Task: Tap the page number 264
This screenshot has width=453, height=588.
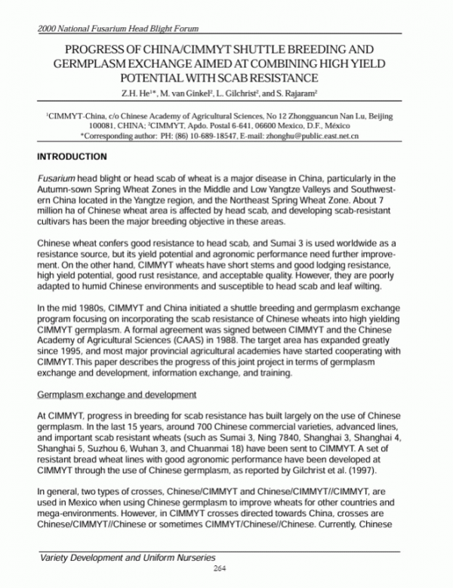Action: click(220, 568)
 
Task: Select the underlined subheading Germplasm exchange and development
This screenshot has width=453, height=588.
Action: click(117, 394)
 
